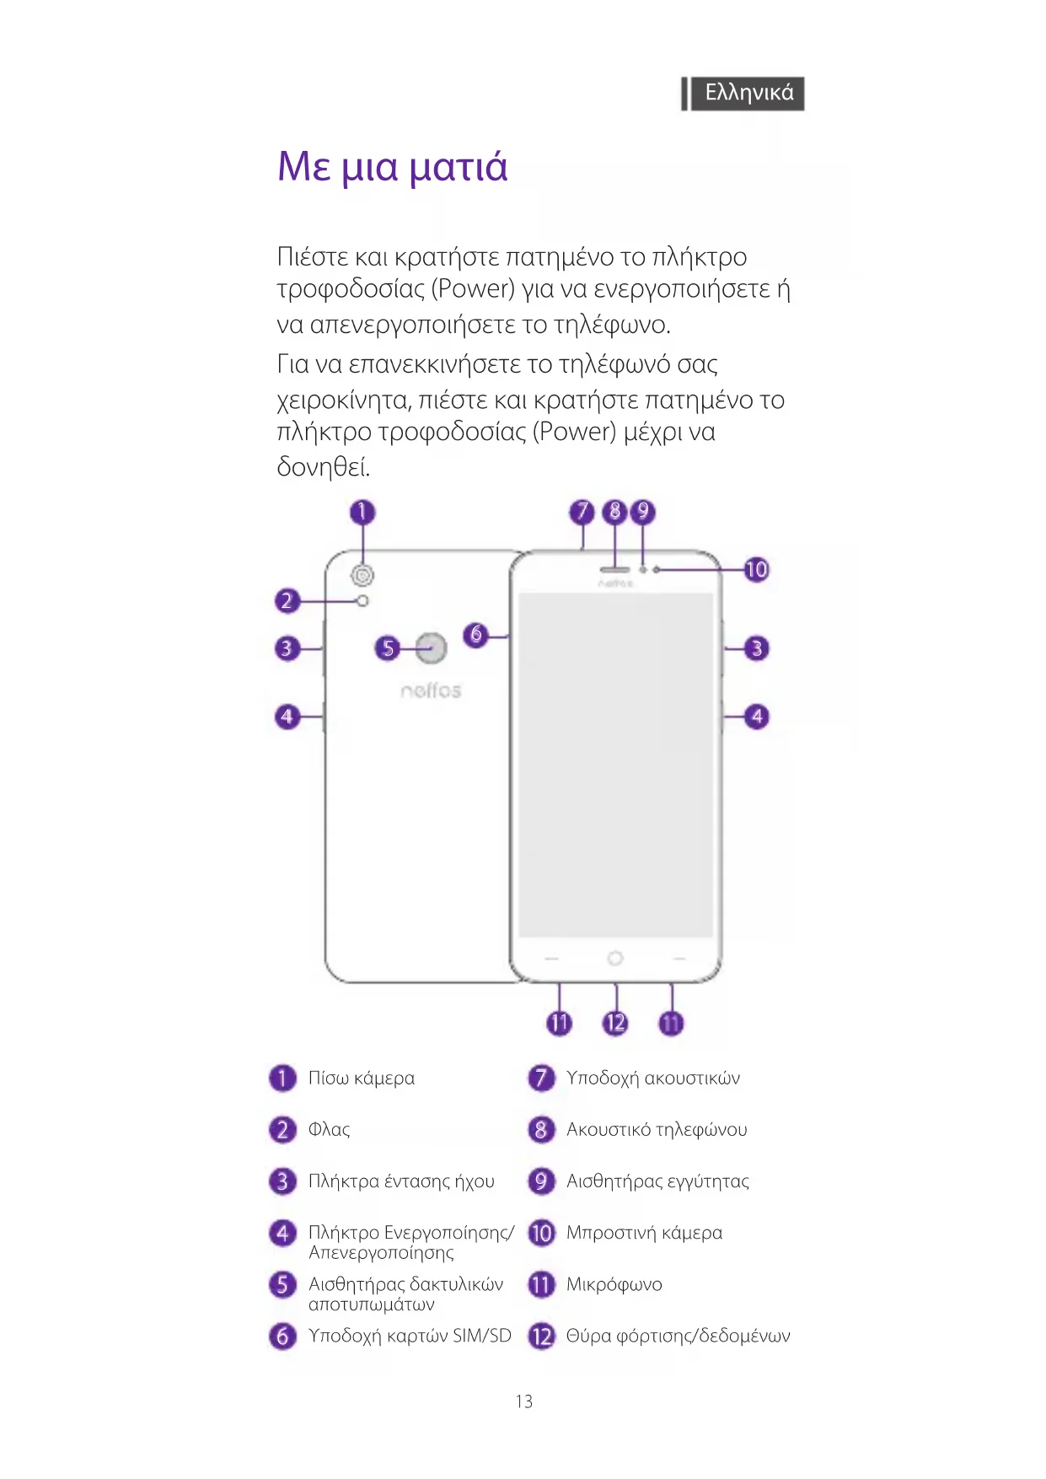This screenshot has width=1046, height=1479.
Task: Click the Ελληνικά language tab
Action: point(748,93)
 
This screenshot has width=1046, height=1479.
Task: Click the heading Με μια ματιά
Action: point(393,166)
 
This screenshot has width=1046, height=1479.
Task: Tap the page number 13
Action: point(523,1401)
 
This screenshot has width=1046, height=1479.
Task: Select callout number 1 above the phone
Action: point(362,512)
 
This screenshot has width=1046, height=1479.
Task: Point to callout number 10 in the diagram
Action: point(756,570)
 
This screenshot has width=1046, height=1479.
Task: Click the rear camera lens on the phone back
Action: point(363,575)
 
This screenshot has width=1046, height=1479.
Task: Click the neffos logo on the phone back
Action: point(431,691)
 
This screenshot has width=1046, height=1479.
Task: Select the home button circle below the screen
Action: point(615,958)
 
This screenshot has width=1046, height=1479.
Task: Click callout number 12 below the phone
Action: point(615,1024)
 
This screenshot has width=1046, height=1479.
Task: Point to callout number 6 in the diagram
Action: point(476,634)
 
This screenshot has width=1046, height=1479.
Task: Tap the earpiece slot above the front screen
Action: point(615,569)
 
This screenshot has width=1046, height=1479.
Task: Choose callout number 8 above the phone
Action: point(615,511)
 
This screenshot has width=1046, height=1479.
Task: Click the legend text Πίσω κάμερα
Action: point(362,1078)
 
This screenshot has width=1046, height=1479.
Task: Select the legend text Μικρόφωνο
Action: point(614,1284)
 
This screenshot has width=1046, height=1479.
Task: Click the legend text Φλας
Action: point(329,1130)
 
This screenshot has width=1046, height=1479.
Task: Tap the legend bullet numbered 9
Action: point(541,1181)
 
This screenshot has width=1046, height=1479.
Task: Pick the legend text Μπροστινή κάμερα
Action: point(644,1233)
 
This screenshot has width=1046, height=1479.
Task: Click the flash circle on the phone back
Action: point(363,601)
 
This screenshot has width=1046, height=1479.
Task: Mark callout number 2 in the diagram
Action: point(287,601)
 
